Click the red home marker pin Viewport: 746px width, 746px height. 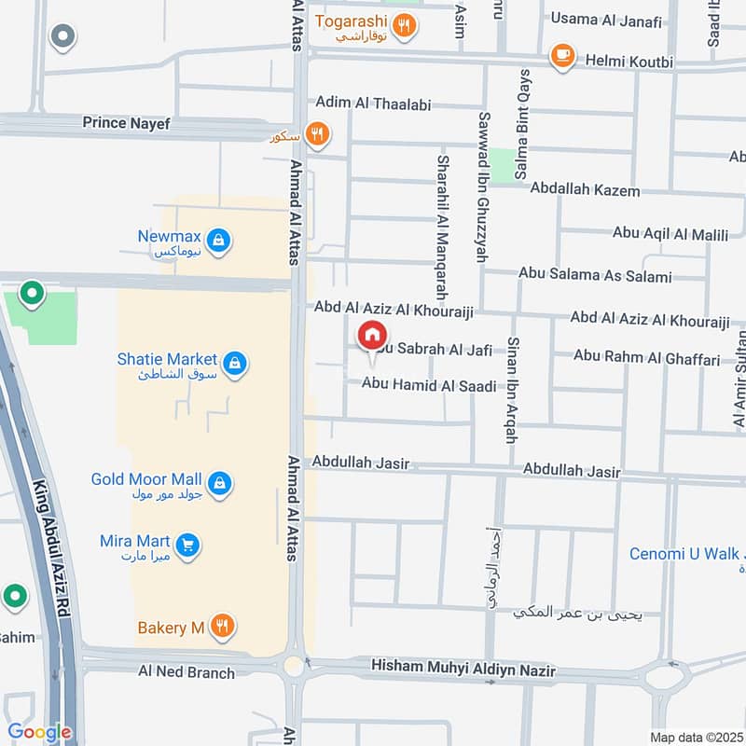click(x=372, y=335)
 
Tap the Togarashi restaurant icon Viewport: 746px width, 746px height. click(x=404, y=25)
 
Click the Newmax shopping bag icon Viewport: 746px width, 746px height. click(x=217, y=242)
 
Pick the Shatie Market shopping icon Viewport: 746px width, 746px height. click(x=235, y=363)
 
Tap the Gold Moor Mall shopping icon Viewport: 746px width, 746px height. click(x=219, y=483)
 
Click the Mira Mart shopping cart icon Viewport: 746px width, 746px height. click(x=188, y=545)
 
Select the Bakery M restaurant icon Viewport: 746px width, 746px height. click(x=221, y=626)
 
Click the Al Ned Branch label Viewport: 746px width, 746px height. click(x=186, y=671)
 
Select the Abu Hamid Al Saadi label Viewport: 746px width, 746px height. click(x=429, y=383)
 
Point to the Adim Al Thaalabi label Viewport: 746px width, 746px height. click(x=373, y=104)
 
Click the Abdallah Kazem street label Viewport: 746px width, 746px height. click(x=585, y=190)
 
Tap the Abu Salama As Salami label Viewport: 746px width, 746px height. click(x=594, y=276)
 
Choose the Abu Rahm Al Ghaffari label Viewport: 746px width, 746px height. click(x=646, y=357)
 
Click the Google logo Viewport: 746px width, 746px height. click(x=39, y=731)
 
